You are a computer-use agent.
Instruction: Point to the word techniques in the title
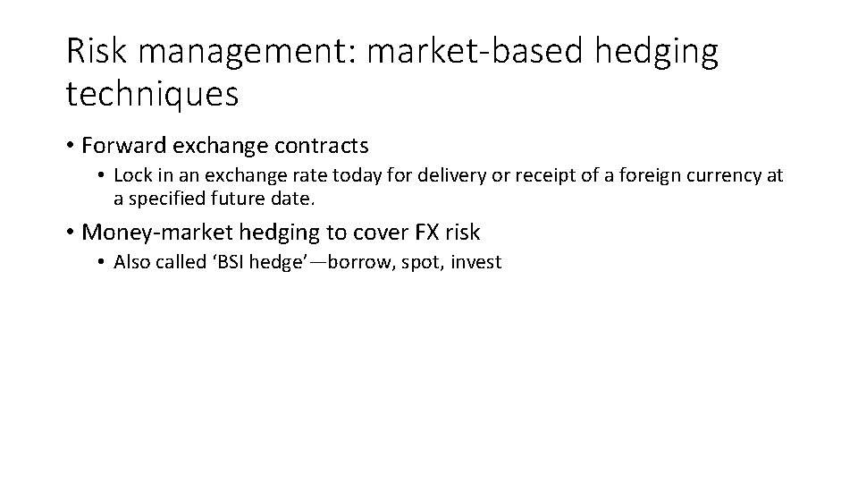[152, 93]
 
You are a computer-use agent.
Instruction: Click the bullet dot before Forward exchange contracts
[71, 145]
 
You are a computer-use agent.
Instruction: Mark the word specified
[161, 197]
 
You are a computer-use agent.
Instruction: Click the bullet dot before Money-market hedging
[71, 233]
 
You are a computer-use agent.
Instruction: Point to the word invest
[476, 263]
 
